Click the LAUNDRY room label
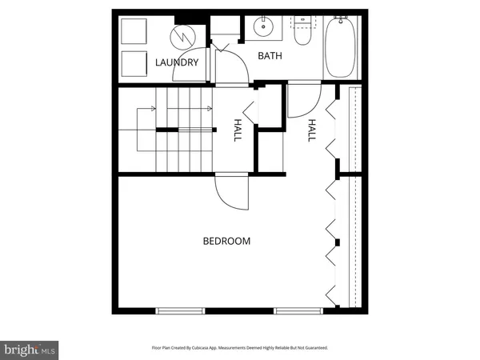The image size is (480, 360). pos(177,62)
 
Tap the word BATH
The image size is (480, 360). pos(268,56)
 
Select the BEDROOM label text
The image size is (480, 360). pos(226,241)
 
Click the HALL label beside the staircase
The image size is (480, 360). pos(238,130)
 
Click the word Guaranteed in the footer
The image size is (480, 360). pos(312,348)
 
